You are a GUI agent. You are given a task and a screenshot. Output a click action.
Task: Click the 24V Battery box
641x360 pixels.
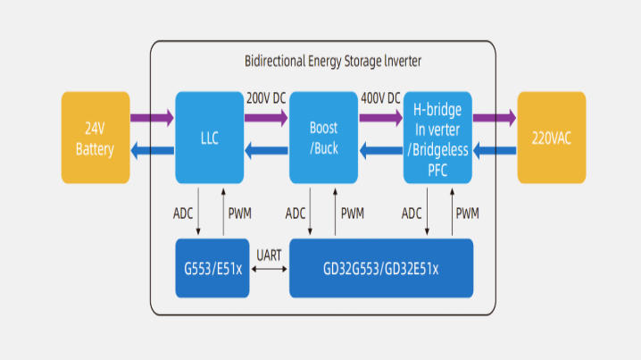pos(96,138)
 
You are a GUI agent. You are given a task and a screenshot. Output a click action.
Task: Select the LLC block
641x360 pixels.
pos(210,138)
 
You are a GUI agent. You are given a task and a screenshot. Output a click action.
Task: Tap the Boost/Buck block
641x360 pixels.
pos(324,138)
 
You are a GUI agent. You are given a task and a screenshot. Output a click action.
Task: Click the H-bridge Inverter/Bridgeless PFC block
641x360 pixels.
pos(437,138)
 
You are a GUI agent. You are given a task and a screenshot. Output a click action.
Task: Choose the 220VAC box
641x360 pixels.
pos(552,138)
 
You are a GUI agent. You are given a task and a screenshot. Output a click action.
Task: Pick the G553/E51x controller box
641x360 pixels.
pos(212,268)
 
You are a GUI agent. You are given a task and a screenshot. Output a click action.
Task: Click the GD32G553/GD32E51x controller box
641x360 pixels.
pos(381,268)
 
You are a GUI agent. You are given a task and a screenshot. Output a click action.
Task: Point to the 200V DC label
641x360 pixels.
pos(266,98)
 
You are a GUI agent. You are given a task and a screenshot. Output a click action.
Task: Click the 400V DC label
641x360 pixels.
pos(380,98)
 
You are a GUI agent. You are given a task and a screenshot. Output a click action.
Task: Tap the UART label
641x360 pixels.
pos(269,255)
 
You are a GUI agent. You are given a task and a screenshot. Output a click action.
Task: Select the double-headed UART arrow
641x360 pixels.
pos(269,269)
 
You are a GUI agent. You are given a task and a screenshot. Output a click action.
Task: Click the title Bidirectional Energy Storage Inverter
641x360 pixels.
pos(333,62)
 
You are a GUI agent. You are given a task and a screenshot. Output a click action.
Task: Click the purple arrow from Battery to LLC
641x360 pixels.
pos(152,118)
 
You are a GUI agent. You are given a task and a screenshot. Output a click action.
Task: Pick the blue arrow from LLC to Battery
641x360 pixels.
pos(152,151)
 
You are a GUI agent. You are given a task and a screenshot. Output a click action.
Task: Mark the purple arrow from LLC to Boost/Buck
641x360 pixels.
pos(266,118)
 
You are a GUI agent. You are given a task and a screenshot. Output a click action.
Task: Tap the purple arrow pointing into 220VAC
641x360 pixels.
pos(495,118)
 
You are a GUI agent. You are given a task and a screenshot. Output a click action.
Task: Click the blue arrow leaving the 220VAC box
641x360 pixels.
pos(495,151)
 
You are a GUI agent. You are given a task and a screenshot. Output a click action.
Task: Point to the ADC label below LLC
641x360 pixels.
pos(183,213)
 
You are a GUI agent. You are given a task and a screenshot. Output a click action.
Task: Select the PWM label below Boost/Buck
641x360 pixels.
pos(353,213)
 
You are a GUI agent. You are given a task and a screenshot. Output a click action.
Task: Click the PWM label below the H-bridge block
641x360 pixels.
pos(467,213)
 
